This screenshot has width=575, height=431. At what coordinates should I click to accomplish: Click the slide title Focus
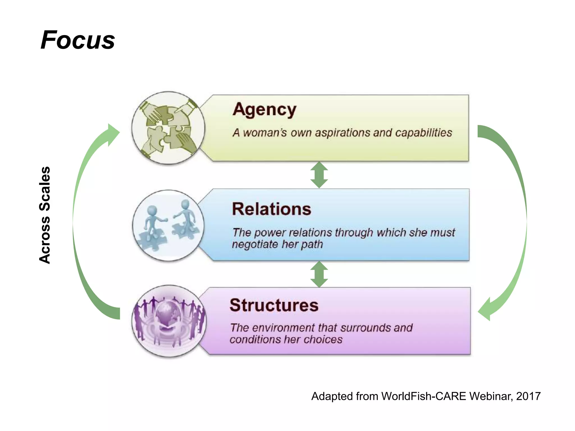[x=78, y=40]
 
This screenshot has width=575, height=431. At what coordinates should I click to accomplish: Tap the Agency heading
[x=264, y=109]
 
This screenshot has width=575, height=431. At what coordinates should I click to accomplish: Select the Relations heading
[x=271, y=209]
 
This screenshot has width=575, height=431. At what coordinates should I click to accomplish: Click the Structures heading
[x=274, y=305]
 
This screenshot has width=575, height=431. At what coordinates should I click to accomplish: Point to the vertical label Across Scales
[x=45, y=215]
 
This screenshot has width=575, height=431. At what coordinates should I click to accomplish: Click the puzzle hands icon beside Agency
[x=168, y=128]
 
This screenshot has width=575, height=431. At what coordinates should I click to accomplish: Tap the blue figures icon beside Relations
[x=168, y=226]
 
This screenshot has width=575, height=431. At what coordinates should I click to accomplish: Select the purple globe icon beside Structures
[x=169, y=321]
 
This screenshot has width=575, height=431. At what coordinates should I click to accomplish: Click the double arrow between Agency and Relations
[x=319, y=175]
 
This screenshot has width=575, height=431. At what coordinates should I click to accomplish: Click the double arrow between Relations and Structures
[x=319, y=274]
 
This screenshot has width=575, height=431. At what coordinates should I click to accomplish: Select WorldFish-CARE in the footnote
[x=424, y=396]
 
